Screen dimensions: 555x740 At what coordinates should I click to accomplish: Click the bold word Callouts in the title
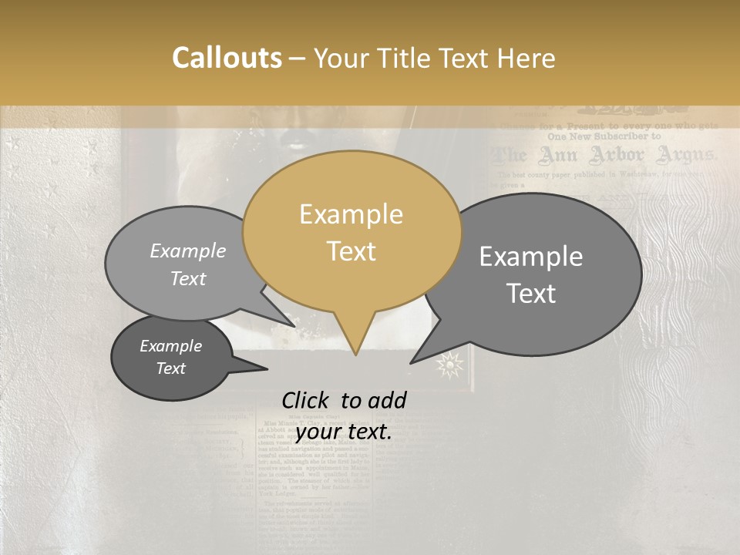click(227, 58)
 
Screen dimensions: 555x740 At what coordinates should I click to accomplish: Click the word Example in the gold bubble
click(351, 214)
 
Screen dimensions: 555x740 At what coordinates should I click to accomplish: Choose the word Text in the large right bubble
click(532, 294)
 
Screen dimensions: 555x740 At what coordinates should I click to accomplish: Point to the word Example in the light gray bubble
click(188, 251)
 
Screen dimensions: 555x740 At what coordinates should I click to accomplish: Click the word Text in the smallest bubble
click(170, 368)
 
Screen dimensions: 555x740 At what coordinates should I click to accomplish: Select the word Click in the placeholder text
click(307, 400)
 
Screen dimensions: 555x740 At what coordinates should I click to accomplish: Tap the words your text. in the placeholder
click(344, 432)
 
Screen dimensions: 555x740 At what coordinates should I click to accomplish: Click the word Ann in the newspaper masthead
click(557, 155)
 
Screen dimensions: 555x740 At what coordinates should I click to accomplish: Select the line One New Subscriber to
click(604, 136)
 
